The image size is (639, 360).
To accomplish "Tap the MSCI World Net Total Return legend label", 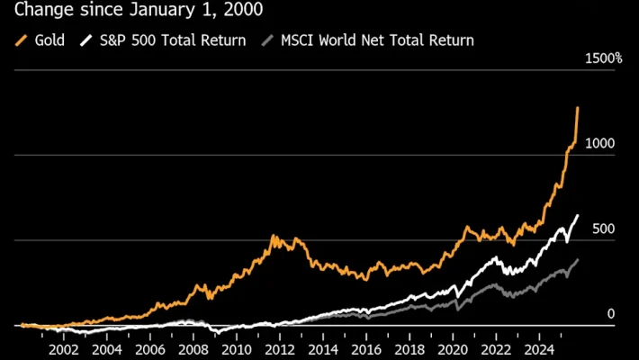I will (377, 40).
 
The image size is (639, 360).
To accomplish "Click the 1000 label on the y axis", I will (599, 144).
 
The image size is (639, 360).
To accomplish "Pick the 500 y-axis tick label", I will (603, 229).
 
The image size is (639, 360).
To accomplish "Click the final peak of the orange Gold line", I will (577, 108).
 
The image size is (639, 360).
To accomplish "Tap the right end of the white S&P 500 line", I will (577, 216).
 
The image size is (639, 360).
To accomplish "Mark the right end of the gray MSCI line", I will (577, 259).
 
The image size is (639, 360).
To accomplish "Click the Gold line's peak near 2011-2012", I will (274, 237).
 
